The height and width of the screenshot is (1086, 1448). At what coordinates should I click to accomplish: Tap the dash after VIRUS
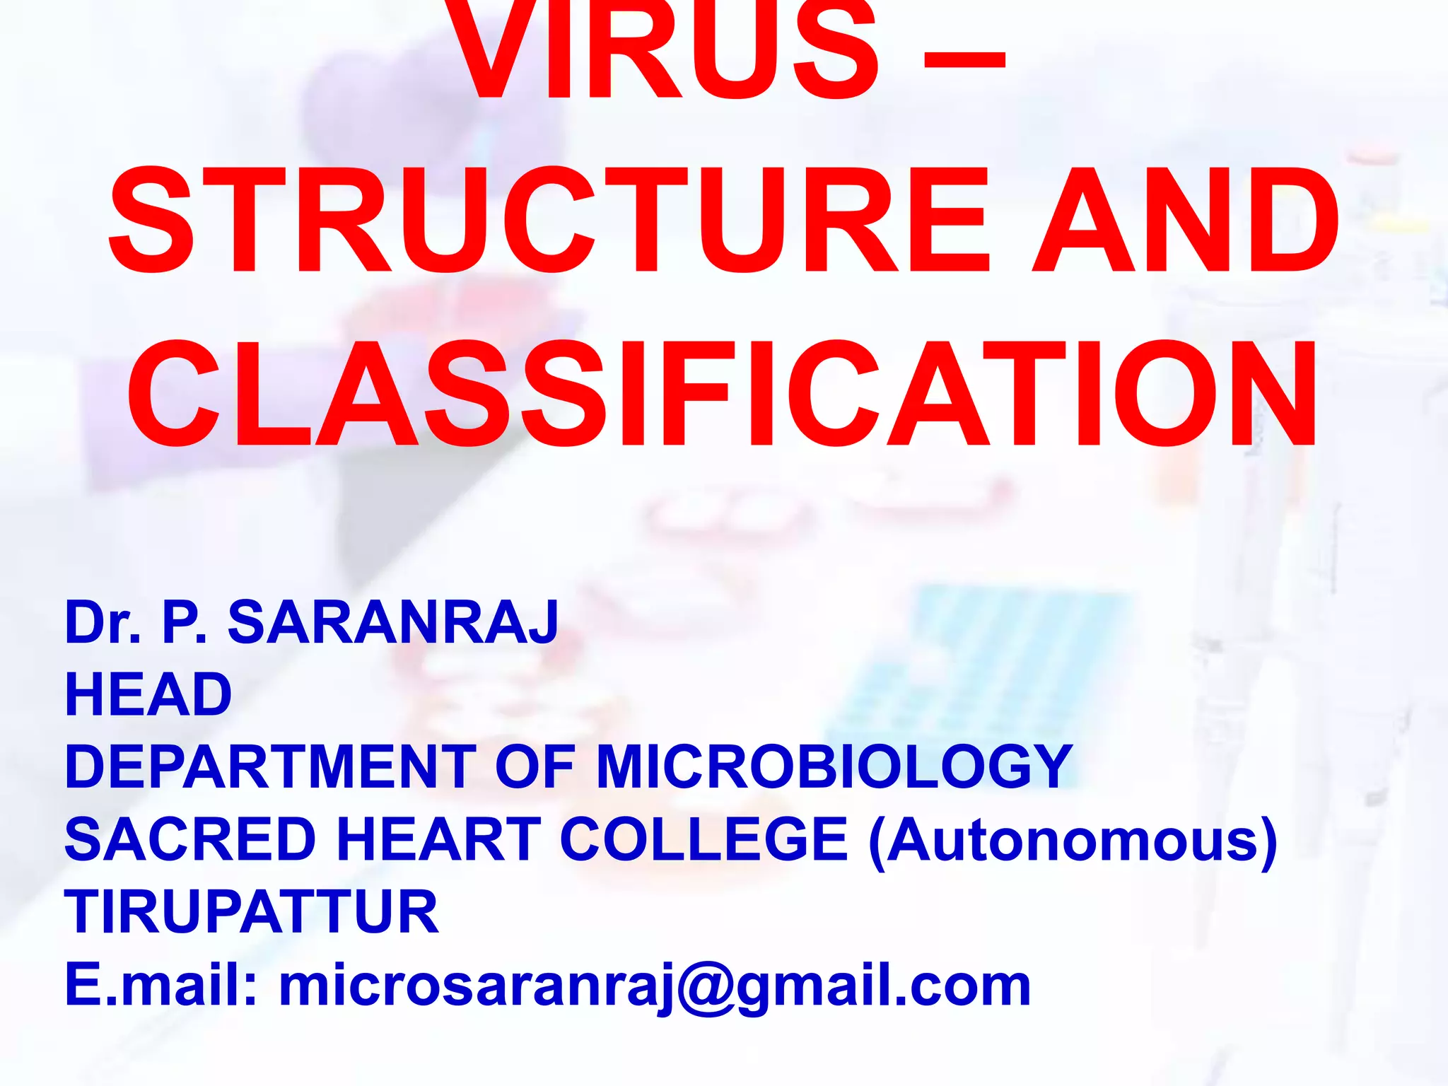pos(964,67)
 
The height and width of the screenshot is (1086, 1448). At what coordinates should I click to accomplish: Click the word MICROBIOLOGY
pos(834,766)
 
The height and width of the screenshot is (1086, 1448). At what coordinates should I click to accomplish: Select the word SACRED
pos(190,839)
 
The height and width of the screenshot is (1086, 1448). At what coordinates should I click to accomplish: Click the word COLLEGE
pos(704,839)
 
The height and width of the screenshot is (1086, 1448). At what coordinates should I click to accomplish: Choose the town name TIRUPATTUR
pos(252,912)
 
